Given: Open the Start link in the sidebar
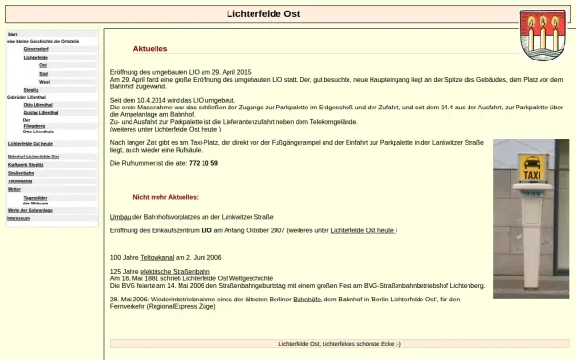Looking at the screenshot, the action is (12, 34).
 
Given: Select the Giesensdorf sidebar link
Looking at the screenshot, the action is (50, 48).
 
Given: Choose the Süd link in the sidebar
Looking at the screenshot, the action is (43, 73).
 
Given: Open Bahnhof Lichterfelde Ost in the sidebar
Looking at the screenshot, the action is (33, 156).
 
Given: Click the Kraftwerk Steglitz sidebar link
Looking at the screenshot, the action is (26, 164).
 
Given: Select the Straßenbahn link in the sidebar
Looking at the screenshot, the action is (22, 173).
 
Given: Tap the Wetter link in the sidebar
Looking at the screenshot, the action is (13, 189).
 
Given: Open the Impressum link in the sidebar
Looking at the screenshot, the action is (18, 218).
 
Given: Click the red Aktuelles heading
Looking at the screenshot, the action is (150, 47).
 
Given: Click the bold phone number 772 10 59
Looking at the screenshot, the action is (203, 163).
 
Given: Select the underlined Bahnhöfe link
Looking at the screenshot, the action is (307, 300).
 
